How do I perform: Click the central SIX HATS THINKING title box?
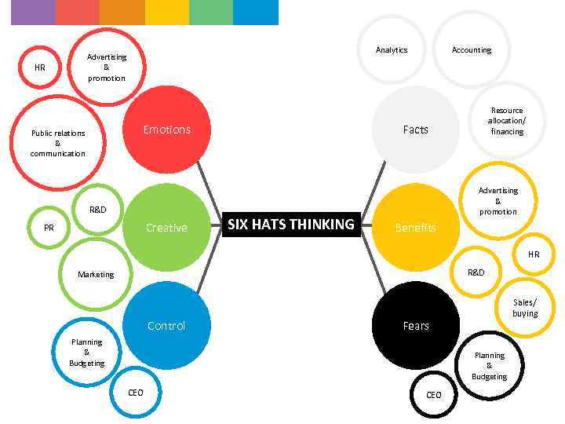coord(290,225)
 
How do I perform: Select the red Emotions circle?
coord(166,130)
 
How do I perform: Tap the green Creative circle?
coord(166,228)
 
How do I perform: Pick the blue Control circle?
coord(166,325)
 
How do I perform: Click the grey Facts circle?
coord(415,130)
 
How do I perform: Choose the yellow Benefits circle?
coord(415,228)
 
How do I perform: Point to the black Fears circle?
coord(415,325)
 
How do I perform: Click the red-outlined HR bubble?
coord(40,68)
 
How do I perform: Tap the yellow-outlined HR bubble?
coord(534,254)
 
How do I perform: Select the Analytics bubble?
coord(392,49)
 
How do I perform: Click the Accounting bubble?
coord(472,49)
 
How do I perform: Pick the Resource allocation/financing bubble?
coord(507,121)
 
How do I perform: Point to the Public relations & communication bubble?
coord(58,143)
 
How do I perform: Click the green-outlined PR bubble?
coord(49,228)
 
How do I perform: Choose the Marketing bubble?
coord(96,274)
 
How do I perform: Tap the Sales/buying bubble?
coord(525,307)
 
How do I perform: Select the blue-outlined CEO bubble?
coord(136,392)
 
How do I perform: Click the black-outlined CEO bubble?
coord(434,395)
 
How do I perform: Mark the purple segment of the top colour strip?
coord(33,12)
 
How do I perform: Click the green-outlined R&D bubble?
coord(97,210)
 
